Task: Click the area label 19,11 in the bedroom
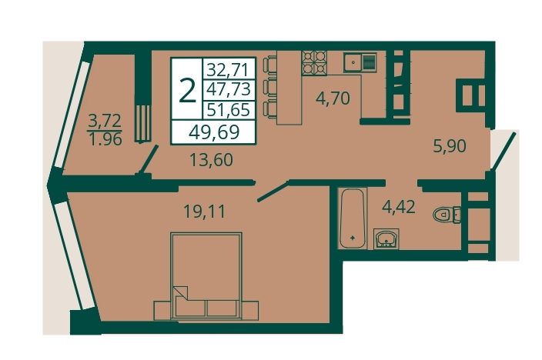click(204, 212)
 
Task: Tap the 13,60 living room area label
click(212, 160)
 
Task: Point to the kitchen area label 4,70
click(333, 98)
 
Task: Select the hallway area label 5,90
click(450, 146)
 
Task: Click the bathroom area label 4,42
click(398, 207)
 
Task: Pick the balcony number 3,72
click(105, 121)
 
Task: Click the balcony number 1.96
click(105, 139)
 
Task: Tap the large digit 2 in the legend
click(187, 91)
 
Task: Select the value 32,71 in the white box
click(228, 70)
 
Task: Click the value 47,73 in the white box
click(228, 89)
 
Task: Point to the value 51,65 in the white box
click(228, 110)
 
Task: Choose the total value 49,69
click(214, 132)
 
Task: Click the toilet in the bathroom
click(447, 215)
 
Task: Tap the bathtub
click(352, 218)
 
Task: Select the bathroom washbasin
click(386, 238)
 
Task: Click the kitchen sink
click(360, 62)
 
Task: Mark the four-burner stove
click(314, 63)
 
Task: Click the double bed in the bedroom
click(206, 276)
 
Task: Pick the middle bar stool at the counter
click(270, 86)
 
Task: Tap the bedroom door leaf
click(273, 191)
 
